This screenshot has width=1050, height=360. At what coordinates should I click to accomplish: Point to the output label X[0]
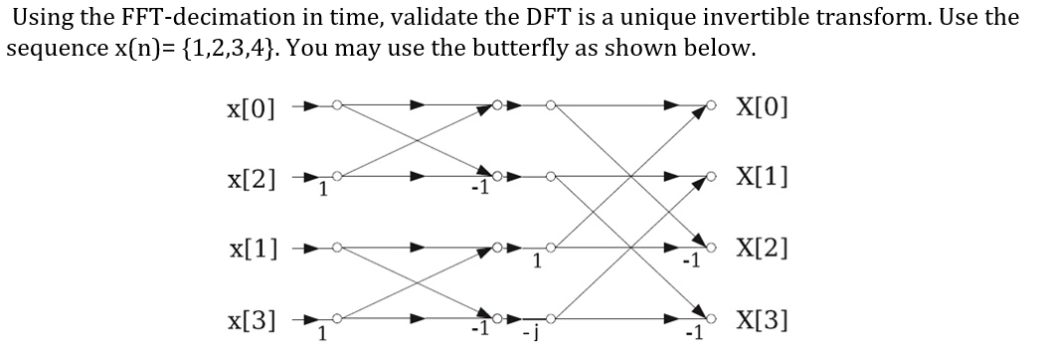tap(762, 104)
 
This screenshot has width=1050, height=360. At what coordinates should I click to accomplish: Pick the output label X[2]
tap(762, 249)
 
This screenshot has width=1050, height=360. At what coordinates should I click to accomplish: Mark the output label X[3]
tap(762, 320)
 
